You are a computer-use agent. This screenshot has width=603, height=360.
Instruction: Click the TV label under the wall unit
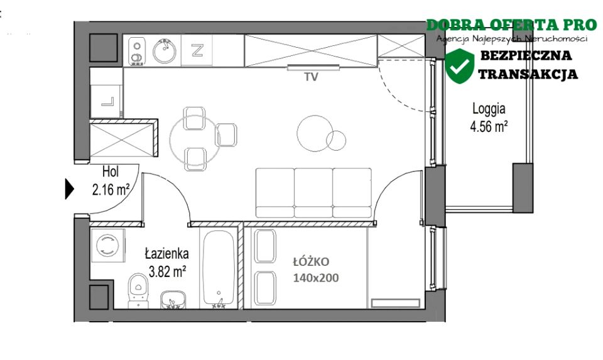(311, 77)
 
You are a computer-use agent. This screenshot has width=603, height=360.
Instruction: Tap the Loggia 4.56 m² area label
(489, 117)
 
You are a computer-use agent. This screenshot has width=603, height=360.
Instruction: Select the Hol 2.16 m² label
(111, 180)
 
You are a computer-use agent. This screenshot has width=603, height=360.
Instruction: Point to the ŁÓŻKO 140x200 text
(316, 270)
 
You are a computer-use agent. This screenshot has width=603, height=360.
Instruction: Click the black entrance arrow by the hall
(69, 189)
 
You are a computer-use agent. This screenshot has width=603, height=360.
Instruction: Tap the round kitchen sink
(165, 51)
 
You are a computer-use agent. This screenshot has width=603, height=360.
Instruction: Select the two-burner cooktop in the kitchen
(136, 51)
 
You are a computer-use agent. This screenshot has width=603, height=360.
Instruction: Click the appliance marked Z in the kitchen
(197, 50)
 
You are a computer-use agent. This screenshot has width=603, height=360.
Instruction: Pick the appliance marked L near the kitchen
(107, 101)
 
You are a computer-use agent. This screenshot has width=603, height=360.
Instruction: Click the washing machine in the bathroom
(107, 246)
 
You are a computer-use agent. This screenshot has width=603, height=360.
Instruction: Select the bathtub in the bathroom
(219, 268)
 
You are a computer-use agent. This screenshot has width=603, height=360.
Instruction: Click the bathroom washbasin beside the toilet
(173, 300)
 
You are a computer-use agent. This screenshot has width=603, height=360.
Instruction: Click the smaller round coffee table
(335, 140)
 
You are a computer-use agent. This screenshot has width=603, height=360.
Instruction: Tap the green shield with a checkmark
(459, 66)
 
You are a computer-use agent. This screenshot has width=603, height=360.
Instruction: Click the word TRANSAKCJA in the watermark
(528, 74)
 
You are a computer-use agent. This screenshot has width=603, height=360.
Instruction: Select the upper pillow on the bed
(265, 246)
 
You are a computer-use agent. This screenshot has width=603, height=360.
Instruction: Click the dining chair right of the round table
(226, 135)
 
